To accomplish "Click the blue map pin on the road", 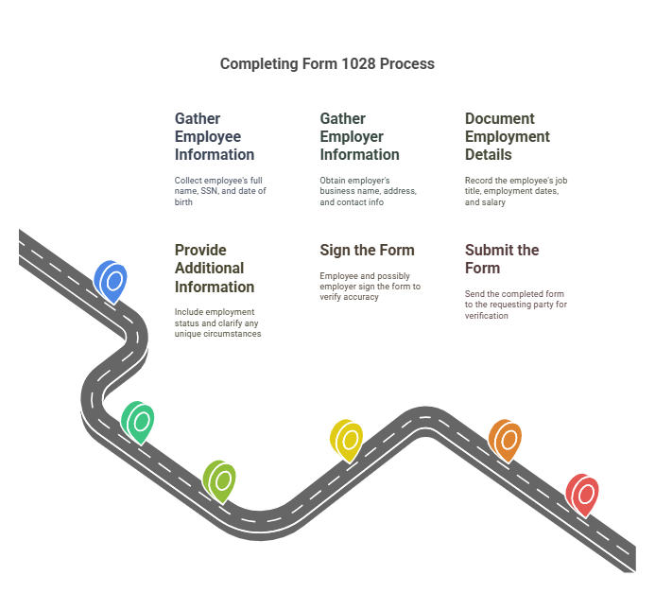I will (x=112, y=281).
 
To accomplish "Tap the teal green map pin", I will (x=139, y=420).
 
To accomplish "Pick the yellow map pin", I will (x=347, y=439).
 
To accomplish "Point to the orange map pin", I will (x=506, y=439).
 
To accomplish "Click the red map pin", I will (x=582, y=494).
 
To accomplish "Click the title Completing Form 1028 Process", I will (x=327, y=64).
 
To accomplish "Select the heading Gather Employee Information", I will (x=215, y=136).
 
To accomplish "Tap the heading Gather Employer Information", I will (x=359, y=136).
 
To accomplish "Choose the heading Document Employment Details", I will (x=508, y=136).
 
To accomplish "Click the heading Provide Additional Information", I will (x=215, y=269).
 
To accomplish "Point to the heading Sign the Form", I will (x=367, y=251).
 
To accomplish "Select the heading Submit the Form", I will (x=502, y=259).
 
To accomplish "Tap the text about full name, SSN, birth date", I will (x=220, y=191).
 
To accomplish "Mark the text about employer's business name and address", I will (x=368, y=191).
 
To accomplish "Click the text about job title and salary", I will (x=516, y=191).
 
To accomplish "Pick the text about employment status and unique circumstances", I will (x=218, y=322).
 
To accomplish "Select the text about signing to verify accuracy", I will (x=370, y=287).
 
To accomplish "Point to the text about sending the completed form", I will (x=515, y=305).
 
